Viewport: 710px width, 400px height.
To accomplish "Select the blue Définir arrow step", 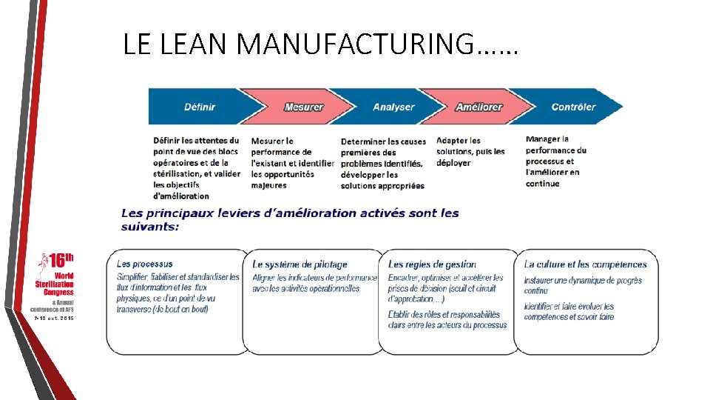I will click(200, 107).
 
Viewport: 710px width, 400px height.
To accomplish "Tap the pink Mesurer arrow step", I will click(303, 107).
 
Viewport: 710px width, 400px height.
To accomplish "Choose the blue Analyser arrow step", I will click(393, 107).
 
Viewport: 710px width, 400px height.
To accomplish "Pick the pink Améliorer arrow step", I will click(479, 107).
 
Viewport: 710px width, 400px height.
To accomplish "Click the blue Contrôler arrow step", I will click(573, 107).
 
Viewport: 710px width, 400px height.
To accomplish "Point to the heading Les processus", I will click(145, 264).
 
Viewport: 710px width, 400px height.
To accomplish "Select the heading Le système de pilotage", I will click(300, 264).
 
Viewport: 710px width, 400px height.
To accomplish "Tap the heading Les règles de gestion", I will click(432, 264).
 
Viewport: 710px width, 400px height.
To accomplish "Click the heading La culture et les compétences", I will click(585, 264).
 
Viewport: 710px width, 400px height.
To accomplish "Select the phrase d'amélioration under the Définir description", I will click(181, 196).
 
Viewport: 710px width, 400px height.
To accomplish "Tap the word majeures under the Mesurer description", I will click(268, 185).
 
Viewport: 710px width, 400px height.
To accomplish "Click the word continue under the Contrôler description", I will click(542, 184).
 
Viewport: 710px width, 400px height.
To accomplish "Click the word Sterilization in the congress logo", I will click(55, 284).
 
